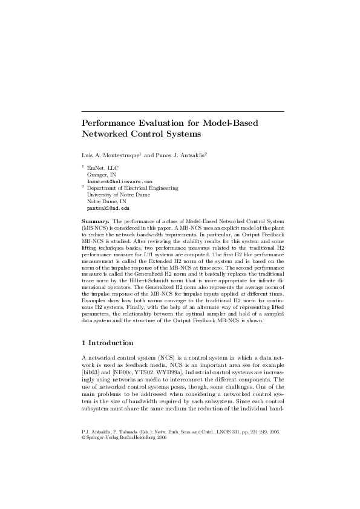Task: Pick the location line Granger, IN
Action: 102,175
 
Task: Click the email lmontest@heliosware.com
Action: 119,181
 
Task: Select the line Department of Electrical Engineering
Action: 133,188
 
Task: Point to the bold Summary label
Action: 96,222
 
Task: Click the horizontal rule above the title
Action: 182,111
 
